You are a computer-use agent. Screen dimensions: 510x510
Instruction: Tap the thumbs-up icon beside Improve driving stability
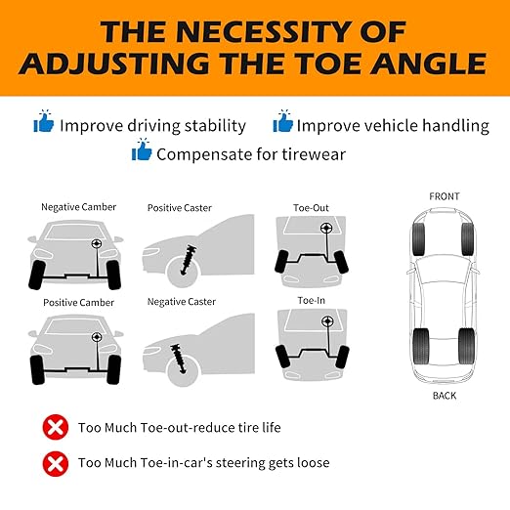(x=44, y=121)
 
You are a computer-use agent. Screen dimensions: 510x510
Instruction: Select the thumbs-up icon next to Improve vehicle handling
(x=282, y=121)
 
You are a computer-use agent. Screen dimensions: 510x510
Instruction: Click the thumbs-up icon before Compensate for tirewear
(x=142, y=149)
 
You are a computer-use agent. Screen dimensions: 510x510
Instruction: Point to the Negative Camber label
(x=78, y=207)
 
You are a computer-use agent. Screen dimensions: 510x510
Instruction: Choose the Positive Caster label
(x=180, y=208)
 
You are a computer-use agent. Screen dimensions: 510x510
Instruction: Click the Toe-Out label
(x=311, y=208)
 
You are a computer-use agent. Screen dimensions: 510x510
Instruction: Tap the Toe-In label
(x=312, y=300)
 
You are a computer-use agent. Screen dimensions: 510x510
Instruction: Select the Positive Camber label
(x=78, y=303)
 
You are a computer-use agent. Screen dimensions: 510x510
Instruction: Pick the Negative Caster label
(x=182, y=302)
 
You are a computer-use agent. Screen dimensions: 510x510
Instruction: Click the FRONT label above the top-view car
(x=445, y=196)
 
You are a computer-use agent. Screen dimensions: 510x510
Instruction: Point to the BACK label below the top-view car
(x=445, y=396)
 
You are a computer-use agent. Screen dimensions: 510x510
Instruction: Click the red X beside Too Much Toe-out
(x=56, y=427)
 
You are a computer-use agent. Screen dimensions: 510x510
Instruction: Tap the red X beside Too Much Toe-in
(x=56, y=464)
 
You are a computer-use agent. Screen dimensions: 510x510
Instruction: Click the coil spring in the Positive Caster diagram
(x=189, y=260)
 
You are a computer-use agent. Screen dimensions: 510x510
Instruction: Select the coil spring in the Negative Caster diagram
(x=178, y=359)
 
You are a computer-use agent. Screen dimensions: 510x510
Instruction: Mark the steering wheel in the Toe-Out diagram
(x=325, y=229)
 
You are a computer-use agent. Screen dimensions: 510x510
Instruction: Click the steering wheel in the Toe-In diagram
(x=327, y=321)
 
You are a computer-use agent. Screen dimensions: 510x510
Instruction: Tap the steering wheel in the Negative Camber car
(x=96, y=243)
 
